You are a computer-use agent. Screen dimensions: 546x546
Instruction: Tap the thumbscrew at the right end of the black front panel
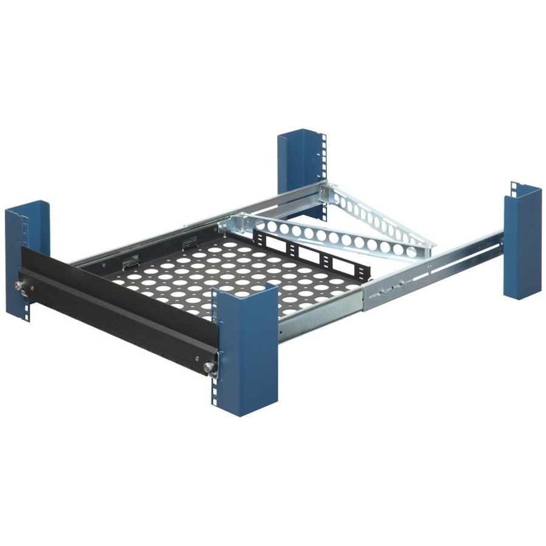click(209, 366)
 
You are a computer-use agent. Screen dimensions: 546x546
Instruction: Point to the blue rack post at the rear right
click(522, 243)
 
